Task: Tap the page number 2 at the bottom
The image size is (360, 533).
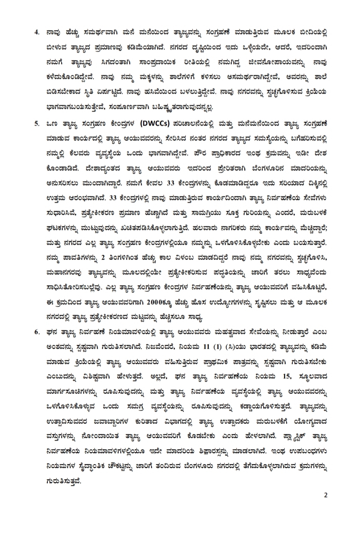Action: point(326,495)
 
